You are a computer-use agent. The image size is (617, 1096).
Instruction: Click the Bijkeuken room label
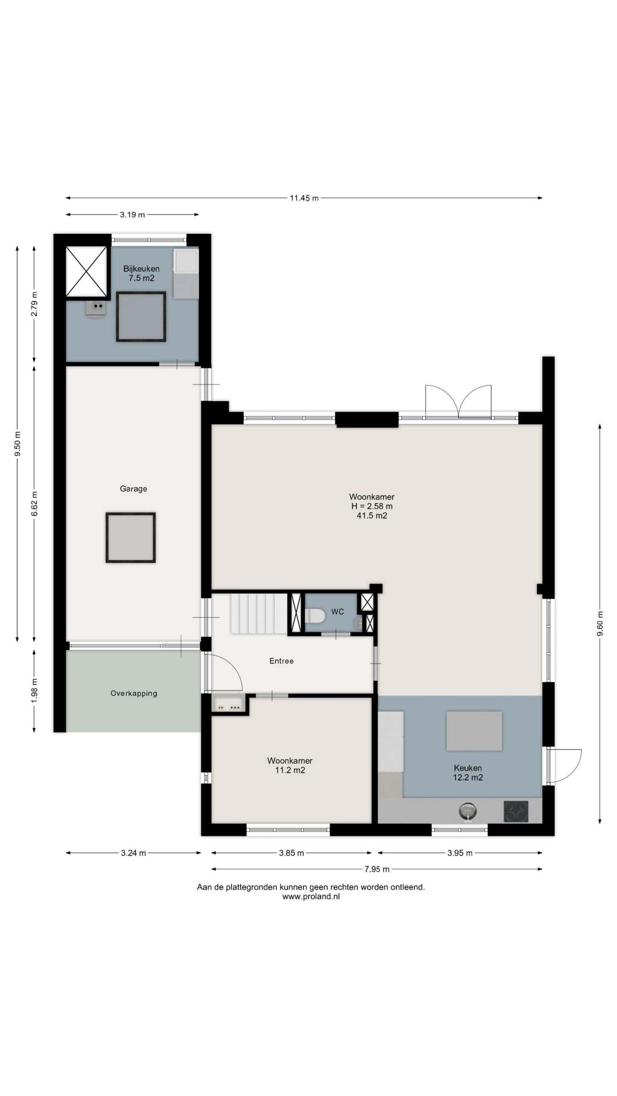pos(141,269)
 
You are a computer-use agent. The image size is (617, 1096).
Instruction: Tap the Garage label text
pos(133,488)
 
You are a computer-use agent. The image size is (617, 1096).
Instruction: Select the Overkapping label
pos(134,693)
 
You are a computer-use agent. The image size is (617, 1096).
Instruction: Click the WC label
pos(338,612)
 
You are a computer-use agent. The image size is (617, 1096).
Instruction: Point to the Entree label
pos(282,661)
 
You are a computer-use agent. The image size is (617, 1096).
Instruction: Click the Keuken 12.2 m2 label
pos(468,773)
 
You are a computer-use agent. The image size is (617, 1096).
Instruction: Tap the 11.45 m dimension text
pos(304,198)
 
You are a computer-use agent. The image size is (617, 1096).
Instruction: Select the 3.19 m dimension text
pos(132,214)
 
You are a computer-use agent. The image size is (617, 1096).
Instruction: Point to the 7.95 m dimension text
pos(377,869)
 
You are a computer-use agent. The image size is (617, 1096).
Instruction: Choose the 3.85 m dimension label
pos(291,853)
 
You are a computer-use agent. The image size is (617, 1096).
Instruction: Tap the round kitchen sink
pos(468,810)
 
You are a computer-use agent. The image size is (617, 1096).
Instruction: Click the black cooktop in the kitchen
pos(516,811)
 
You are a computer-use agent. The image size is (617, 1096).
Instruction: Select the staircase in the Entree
pos(258,613)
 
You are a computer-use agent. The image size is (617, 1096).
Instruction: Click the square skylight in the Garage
pos(131,538)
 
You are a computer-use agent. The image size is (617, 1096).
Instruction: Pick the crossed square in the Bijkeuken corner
pos(86,271)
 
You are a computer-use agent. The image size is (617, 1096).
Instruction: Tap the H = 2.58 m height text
pos(372,506)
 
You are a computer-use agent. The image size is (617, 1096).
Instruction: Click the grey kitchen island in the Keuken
pos(474,731)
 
